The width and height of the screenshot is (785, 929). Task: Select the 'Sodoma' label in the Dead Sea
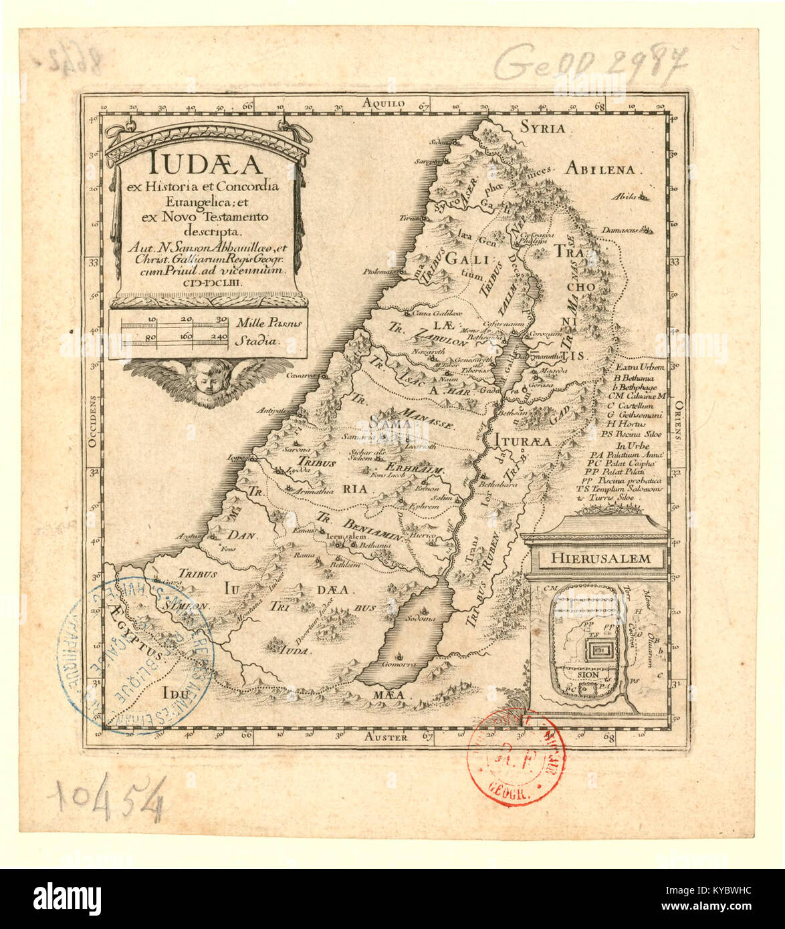(x=423, y=619)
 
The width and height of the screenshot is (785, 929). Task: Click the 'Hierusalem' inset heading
(x=595, y=557)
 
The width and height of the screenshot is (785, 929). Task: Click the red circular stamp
(x=515, y=757)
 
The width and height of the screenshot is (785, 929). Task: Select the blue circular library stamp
(x=134, y=655)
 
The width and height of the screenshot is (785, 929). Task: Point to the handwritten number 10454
(x=110, y=800)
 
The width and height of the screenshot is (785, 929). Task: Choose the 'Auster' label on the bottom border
(x=388, y=737)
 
